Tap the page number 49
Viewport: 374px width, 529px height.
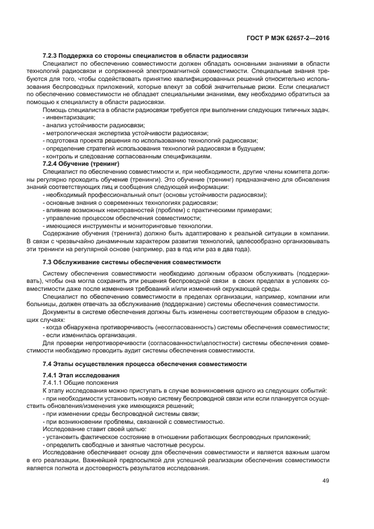point(326,481)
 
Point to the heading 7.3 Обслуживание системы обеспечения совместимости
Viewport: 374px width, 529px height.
point(132,262)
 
